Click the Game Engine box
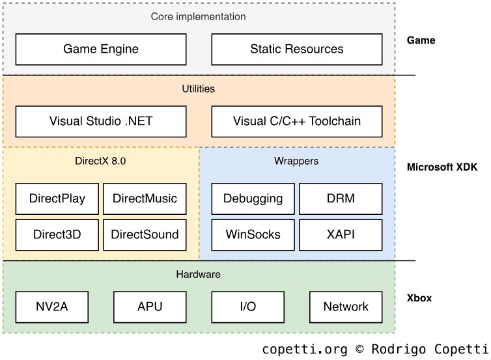point(101,49)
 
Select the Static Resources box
point(297,49)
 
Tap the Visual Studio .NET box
point(101,121)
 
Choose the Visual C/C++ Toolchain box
point(297,121)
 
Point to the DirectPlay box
point(57,199)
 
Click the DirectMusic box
point(145,199)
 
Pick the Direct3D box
point(57,234)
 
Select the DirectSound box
point(145,234)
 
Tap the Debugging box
point(253,199)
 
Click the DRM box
point(341,199)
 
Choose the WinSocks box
point(253,234)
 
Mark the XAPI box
point(341,234)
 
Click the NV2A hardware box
point(51,307)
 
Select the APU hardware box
point(150,307)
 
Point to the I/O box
point(247,307)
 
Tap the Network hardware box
point(346,307)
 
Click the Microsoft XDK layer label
point(442,167)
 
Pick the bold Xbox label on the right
point(419,299)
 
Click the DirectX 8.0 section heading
point(100,161)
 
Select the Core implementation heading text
point(199,16)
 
